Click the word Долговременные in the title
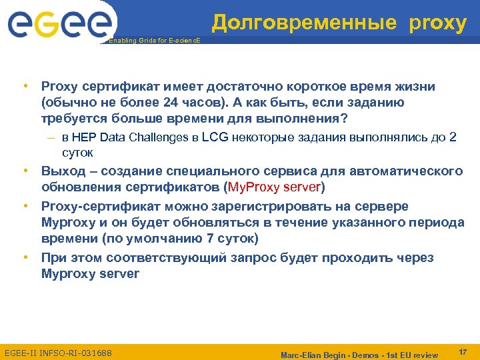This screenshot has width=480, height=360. click(304, 23)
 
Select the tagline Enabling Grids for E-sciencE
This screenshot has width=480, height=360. click(153, 41)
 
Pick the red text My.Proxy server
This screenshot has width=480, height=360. click(275, 186)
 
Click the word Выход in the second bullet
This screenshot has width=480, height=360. click(63, 171)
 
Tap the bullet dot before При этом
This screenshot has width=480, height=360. click(25, 257)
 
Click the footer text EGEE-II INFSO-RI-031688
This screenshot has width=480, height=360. click(58, 352)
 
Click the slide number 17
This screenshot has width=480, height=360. click(463, 351)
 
